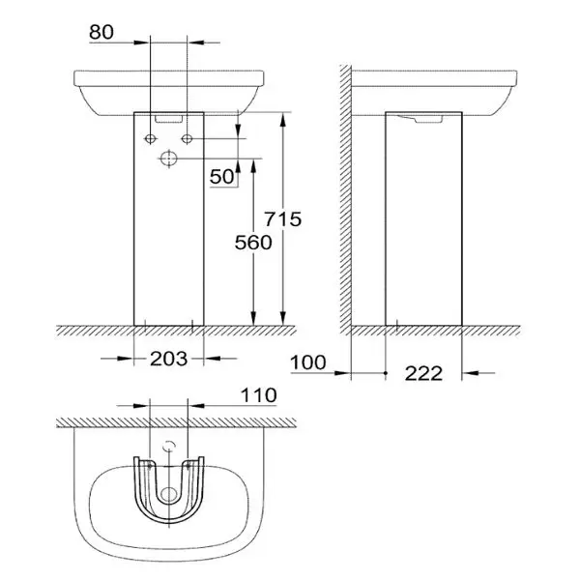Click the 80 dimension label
pos(101,31)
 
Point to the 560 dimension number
pos(252,243)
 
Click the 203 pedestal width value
pos(169,358)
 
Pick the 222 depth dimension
pos(423,372)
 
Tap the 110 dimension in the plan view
pos(258,395)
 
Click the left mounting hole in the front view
pos(151,140)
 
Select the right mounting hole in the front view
pos(188,140)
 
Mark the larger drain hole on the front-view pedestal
pos(169,158)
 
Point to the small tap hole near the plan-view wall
pos(169,447)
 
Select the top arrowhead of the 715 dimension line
pos(283,117)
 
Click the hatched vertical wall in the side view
pos(342,193)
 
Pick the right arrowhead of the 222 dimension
pos(470,370)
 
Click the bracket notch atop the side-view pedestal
pos(423,120)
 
